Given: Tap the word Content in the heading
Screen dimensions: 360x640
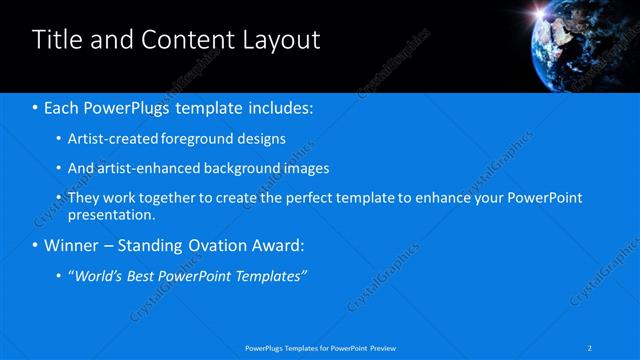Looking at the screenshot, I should tap(181, 40).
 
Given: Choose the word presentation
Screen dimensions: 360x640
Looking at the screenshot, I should tap(110, 214).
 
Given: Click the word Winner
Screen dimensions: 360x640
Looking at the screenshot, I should tap(72, 245).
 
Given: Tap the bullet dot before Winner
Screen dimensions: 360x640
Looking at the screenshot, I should tap(36, 245).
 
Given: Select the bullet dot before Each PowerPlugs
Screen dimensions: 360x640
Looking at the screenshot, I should tap(36, 106).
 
